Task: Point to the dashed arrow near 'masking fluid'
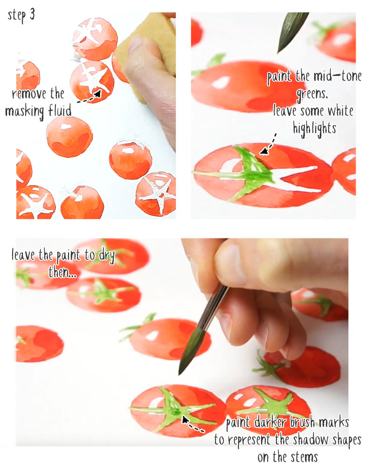(89, 97)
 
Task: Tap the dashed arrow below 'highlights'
(268, 144)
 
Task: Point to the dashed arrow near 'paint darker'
(194, 425)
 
